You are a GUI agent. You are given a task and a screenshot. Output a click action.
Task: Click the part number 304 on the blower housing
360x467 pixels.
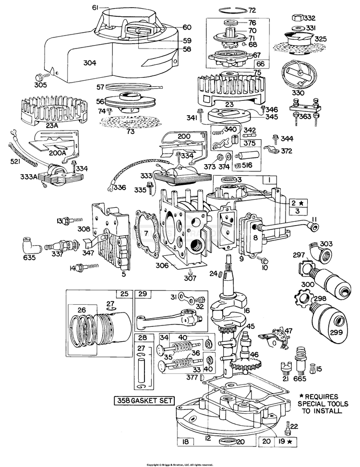point(90,63)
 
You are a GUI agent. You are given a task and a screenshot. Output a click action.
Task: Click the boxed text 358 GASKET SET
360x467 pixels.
point(144,401)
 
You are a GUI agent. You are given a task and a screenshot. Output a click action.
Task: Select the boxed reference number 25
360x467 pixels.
point(124,294)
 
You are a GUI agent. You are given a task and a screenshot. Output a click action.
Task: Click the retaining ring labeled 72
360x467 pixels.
point(233,11)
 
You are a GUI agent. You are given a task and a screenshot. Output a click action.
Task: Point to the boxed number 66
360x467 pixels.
point(261,64)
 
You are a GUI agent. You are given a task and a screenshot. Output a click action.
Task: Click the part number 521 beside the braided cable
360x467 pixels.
point(15,161)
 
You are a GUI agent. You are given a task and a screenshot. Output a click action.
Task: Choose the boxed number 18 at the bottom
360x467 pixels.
point(185,442)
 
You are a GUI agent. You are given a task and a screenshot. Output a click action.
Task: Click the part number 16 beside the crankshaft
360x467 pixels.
point(247,311)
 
